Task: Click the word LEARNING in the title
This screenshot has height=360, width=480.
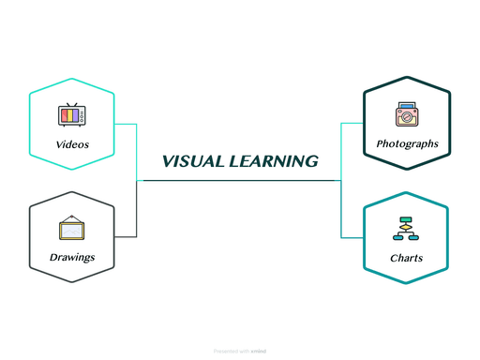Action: [x=272, y=161]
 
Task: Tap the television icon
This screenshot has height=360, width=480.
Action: [x=72, y=116]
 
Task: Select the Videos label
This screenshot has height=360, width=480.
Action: [x=72, y=144]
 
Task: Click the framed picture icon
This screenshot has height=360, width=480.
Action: [x=72, y=228]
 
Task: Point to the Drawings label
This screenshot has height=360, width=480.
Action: [x=72, y=257]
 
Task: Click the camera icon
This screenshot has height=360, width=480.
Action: [x=406, y=115]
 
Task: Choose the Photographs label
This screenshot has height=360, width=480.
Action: [x=407, y=143]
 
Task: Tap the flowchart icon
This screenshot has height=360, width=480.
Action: [x=406, y=230]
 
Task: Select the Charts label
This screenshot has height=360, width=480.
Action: [x=406, y=258]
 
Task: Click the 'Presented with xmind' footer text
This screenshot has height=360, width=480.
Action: [x=239, y=352]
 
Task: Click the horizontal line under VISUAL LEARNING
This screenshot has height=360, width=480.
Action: [x=239, y=180]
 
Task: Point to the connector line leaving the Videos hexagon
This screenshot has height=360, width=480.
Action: [x=127, y=124]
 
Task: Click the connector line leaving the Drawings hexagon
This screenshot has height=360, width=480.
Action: [x=127, y=236]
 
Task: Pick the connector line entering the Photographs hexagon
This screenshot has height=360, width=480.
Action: [x=352, y=123]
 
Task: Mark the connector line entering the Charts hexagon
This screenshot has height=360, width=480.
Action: [x=352, y=237]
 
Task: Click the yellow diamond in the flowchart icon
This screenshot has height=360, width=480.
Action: [x=406, y=226]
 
